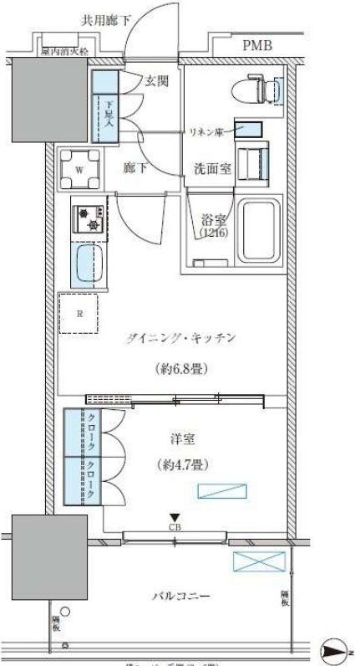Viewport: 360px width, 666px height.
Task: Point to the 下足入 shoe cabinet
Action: (x=106, y=118)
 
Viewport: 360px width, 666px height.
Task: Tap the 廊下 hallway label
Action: (x=135, y=167)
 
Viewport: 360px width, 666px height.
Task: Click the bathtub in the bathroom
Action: (x=261, y=230)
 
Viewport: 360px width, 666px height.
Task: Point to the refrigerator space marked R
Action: (x=79, y=315)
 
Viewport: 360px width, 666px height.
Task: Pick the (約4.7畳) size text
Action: (x=180, y=464)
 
